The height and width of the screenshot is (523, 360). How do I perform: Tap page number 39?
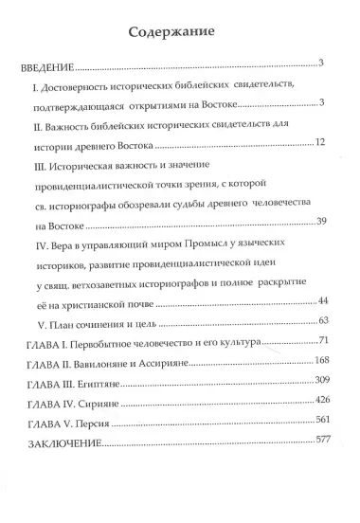[320, 221]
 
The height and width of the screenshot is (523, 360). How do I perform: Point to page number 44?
[320, 299]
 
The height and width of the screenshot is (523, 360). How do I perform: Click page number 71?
[323, 339]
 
